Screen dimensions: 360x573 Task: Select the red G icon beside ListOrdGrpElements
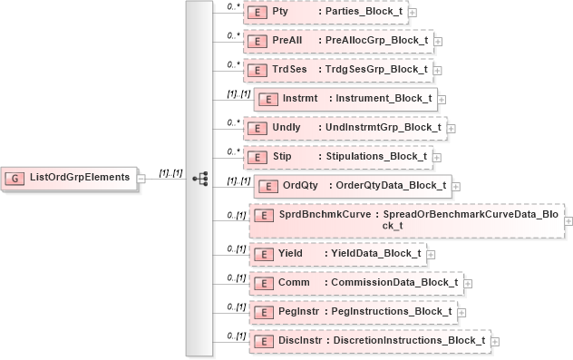coord(15,177)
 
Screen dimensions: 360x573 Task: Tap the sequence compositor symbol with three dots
coord(200,178)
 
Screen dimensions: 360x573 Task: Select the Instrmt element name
coord(299,99)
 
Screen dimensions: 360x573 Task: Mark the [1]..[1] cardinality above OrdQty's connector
coord(238,180)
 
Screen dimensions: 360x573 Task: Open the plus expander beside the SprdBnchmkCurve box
coord(568,220)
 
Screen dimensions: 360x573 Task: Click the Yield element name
coord(290,253)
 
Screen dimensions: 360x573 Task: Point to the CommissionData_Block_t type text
coord(393,282)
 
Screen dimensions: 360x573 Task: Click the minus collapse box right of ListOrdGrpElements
coord(141,178)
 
